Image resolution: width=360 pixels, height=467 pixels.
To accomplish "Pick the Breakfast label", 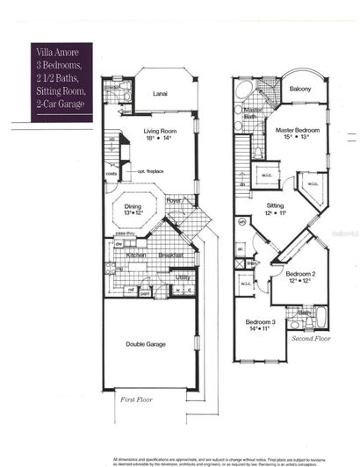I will (x=171, y=255).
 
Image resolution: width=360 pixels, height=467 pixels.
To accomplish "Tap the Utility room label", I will (x=183, y=277).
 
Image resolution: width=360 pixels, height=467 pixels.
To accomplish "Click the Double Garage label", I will (x=147, y=344).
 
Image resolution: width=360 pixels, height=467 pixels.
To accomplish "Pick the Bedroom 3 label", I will (x=261, y=321).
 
